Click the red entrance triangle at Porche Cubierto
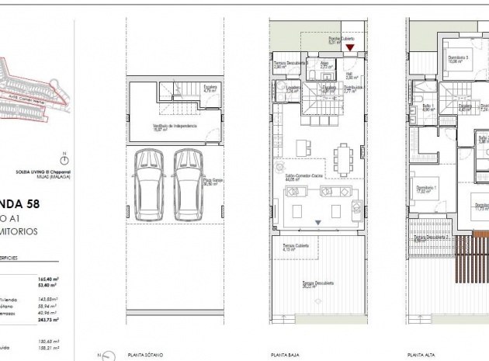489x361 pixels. click(x=349, y=49)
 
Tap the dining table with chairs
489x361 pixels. click(x=342, y=160)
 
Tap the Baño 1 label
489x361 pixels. click(x=427, y=106)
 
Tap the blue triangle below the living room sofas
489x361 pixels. click(x=317, y=223)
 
